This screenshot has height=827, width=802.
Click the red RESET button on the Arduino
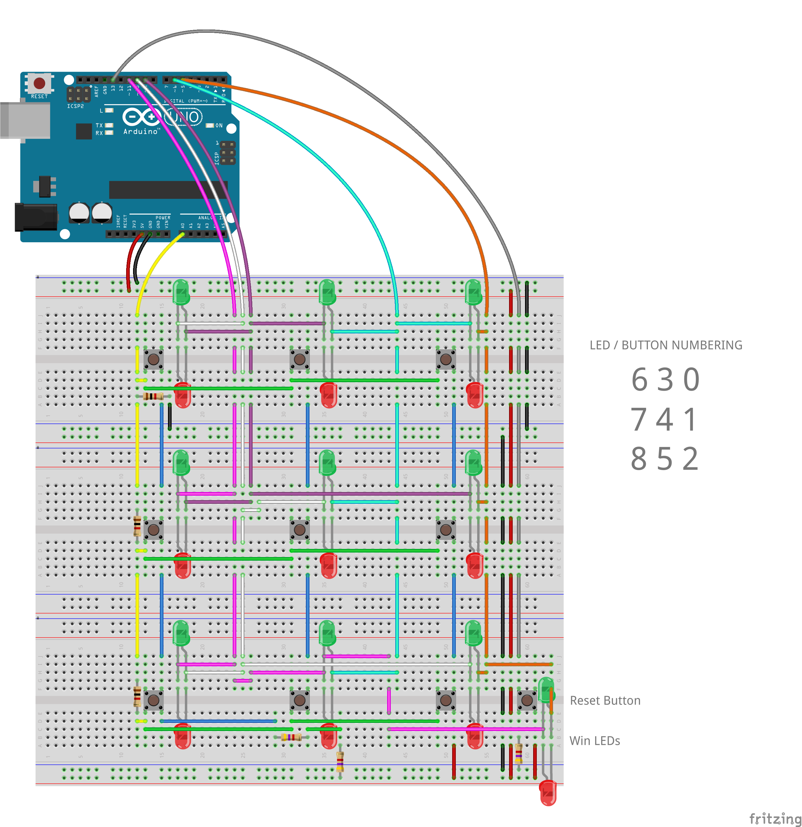39,83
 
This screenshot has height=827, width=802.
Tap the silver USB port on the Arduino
25,120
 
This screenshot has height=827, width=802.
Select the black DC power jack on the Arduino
36,217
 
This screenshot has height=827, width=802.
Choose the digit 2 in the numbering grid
691,459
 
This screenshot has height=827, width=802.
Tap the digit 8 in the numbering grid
639,459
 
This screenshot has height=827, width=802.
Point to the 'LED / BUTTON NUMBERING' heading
666,345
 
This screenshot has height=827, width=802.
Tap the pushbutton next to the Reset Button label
527,700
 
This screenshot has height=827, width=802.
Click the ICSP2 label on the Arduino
75,106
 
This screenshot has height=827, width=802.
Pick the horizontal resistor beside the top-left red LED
153,396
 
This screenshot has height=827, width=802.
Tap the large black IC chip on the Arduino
168,190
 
